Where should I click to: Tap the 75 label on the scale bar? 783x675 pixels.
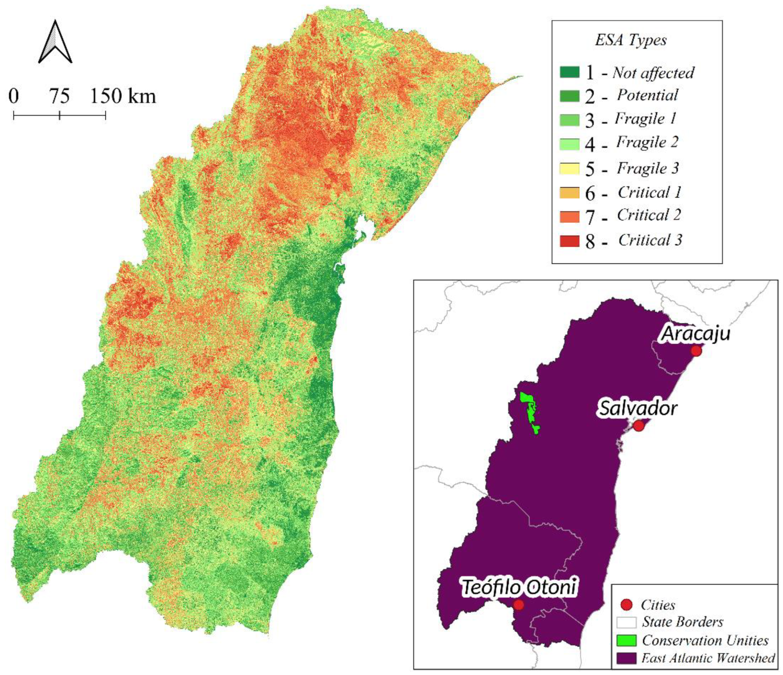[59, 96]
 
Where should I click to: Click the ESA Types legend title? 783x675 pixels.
[631, 40]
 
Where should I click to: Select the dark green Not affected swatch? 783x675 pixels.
[569, 72]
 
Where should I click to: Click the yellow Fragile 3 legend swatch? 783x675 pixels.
[569, 168]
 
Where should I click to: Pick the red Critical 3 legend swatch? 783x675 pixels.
[569, 241]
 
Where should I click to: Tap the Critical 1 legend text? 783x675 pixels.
[649, 192]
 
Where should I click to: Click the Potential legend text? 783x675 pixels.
[647, 95]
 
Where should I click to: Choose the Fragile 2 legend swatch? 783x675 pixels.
[569, 144]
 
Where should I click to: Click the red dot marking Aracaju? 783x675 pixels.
[696, 351]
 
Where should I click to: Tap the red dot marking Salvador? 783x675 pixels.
[638, 425]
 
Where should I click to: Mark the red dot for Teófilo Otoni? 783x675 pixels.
[518, 605]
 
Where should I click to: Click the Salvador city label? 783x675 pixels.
[638, 408]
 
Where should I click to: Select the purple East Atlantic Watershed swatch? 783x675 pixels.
[626, 658]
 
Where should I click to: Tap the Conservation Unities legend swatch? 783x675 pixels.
[626, 640]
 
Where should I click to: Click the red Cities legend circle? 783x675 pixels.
[626, 605]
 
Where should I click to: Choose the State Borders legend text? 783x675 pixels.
[682, 622]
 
